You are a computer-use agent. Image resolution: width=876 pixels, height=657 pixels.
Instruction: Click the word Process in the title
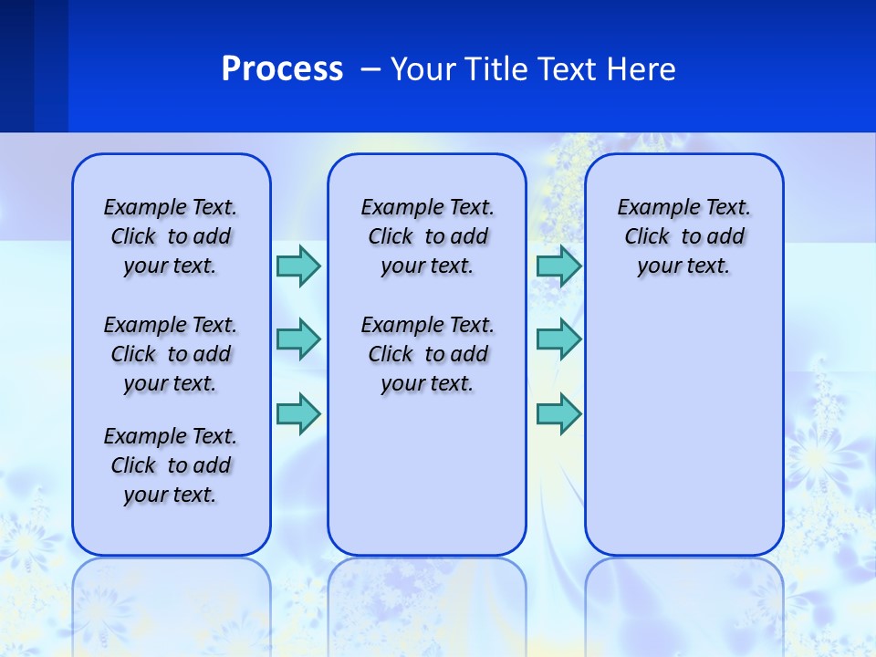point(282,69)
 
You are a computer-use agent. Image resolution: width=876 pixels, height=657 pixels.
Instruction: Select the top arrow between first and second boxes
point(298,266)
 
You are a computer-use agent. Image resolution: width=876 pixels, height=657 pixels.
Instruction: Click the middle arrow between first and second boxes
point(298,339)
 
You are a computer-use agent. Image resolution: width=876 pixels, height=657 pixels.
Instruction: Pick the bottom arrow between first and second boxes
point(298,413)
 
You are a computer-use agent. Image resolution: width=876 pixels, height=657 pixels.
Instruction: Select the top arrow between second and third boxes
point(558,266)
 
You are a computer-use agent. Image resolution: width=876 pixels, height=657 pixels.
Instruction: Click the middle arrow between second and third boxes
point(558,339)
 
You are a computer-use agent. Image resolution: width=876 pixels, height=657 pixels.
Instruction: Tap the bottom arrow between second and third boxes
point(558,413)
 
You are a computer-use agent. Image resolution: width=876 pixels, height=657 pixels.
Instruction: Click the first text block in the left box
point(171,236)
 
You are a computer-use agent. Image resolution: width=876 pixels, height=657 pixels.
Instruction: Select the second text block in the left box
point(171,354)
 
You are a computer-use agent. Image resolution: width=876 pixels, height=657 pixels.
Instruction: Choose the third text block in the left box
point(171,465)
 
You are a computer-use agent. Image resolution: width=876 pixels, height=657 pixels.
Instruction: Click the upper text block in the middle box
point(427,236)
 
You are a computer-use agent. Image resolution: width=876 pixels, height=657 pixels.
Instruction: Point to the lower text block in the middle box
point(427,354)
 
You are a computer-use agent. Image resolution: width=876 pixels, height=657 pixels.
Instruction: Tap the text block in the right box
point(684,236)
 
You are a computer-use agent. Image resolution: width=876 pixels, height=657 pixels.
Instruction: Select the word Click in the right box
point(647,237)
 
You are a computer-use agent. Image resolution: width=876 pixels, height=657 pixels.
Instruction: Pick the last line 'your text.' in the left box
point(171,495)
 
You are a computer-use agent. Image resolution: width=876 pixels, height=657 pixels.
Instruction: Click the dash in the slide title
point(370,69)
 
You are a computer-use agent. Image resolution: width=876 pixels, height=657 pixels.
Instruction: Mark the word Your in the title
point(422,69)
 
